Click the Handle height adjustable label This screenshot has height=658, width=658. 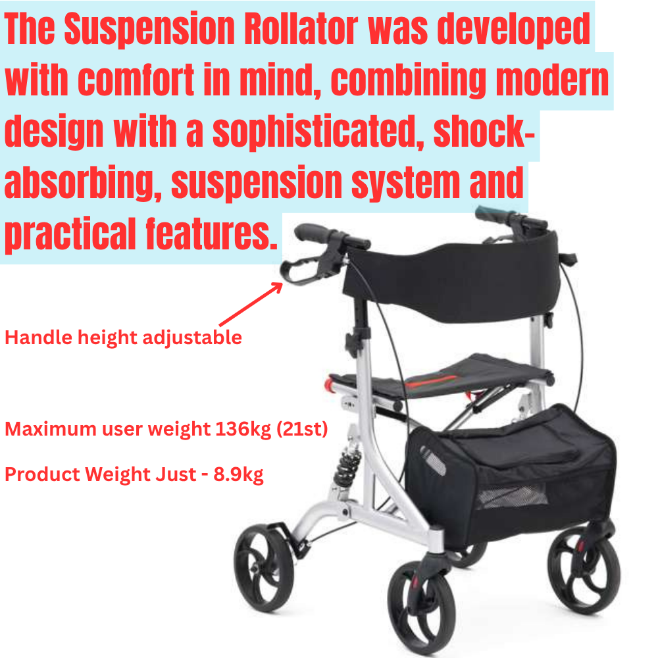[123, 338]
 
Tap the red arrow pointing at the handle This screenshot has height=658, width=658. [250, 305]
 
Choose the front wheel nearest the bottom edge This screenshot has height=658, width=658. [422, 605]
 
